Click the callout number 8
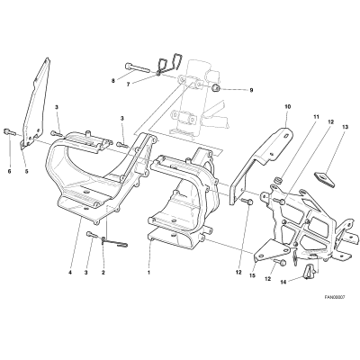coord(113,81)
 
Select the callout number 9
coord(251,90)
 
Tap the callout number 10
coord(288,106)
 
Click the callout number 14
coord(283,282)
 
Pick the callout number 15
coord(252,275)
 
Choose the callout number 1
coord(148,273)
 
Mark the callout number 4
coord(70,273)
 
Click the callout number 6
coord(9,171)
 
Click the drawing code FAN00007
coord(335,297)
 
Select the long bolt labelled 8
coord(136,67)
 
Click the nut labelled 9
coord(215,88)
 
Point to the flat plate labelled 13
coord(325,178)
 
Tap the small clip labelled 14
coord(310,271)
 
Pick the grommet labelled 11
coord(276,180)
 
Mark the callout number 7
coord(128,85)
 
